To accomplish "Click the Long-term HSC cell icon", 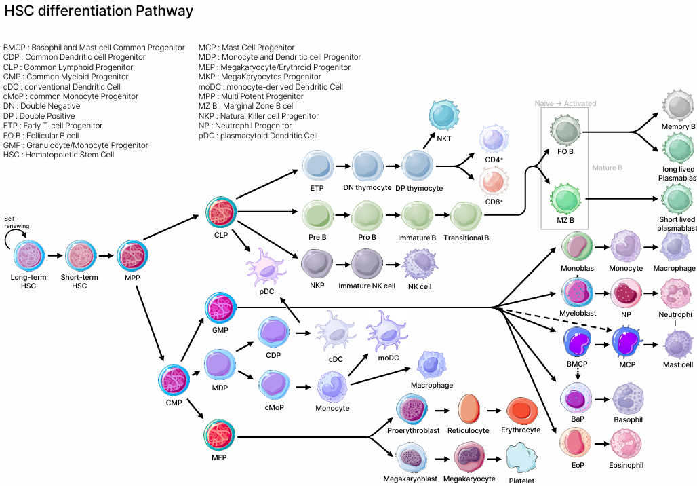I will point(30,256).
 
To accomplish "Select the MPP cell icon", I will point(132,256).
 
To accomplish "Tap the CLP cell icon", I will point(221,212).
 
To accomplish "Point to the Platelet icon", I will point(522,457).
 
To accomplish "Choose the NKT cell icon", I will point(444,116).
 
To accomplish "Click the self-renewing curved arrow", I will point(15,237).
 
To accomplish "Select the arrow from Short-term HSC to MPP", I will point(106,257).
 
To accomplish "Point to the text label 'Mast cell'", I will point(678,365).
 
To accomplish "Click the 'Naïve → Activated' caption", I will point(565,103).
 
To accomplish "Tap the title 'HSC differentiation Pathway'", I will point(99,12).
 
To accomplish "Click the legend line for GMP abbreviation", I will point(76,145).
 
